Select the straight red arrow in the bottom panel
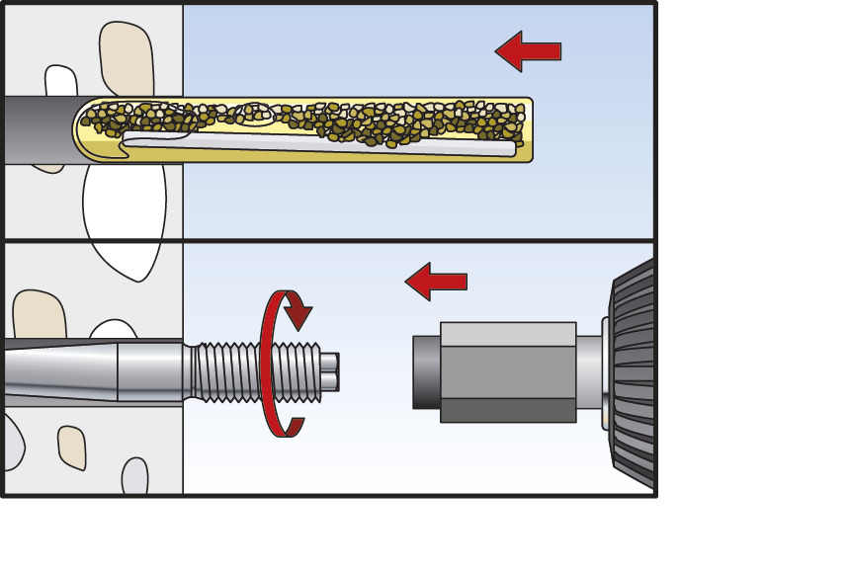pyautogui.click(x=436, y=282)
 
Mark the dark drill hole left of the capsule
pyautogui.click(x=36, y=128)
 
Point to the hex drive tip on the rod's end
pyautogui.click(x=332, y=370)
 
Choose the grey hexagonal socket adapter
pyautogui.click(x=507, y=371)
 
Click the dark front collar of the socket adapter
pyautogui.click(x=425, y=371)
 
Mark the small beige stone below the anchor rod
pyautogui.click(x=71, y=447)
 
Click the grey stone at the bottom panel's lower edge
pyautogui.click(x=134, y=477)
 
